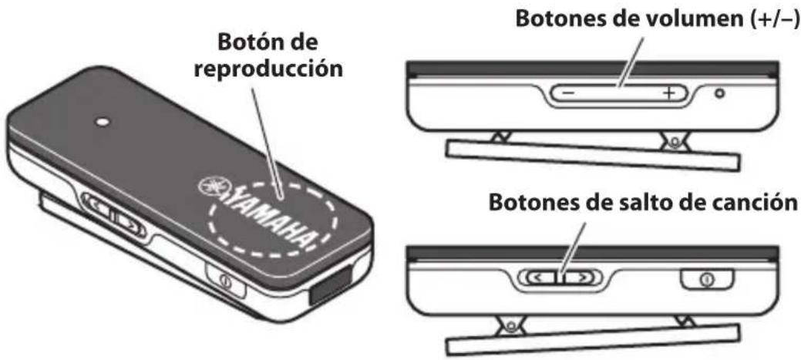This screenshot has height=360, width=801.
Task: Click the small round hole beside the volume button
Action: click(x=720, y=94)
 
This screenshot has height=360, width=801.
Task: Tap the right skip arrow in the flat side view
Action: click(x=584, y=275)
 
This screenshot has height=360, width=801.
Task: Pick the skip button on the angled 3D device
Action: click(x=113, y=217)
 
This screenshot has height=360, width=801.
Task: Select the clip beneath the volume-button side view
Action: click(x=594, y=153)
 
